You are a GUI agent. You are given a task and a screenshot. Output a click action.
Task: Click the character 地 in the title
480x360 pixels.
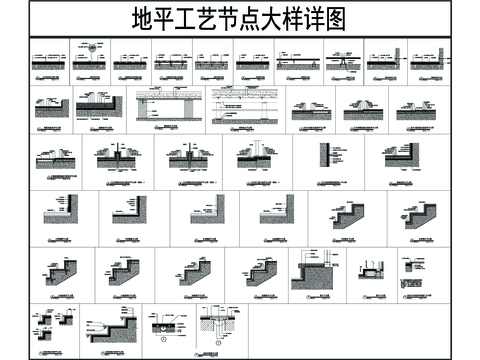pos(144,20)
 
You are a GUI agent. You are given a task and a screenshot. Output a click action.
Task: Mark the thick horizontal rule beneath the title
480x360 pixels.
pos(240,36)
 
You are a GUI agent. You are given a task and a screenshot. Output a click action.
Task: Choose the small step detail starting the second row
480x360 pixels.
pos(51,105)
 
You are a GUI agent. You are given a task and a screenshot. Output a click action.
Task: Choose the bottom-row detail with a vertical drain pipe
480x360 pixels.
pos(213,325)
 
